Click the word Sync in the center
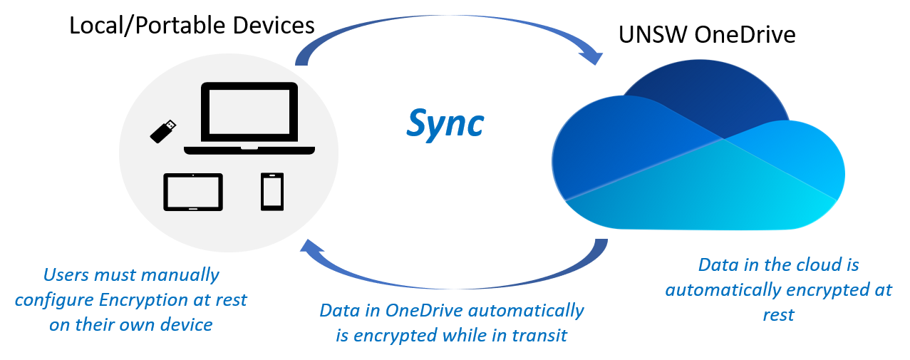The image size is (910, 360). [445, 123]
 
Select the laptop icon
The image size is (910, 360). [249, 118]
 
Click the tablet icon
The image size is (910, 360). [193, 192]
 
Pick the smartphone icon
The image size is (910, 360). [272, 191]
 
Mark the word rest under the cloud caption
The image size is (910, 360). [778, 314]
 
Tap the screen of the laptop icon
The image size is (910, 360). [249, 113]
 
